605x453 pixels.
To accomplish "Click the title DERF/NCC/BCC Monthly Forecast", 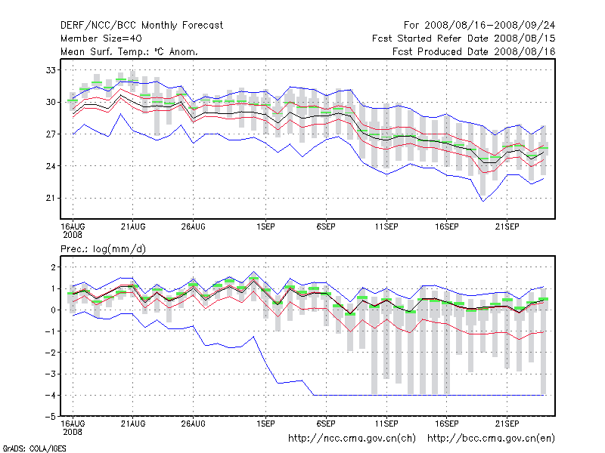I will (141, 26).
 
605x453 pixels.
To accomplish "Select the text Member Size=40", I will (101, 39).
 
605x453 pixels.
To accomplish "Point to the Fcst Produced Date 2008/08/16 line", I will (474, 51).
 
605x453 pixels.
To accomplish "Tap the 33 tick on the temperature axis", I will (51, 70).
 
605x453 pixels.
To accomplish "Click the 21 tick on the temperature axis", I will (51, 198).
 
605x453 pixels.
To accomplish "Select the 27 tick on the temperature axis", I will (51, 134).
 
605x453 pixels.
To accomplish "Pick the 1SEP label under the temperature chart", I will (265, 226).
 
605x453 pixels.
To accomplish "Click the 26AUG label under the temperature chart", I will (194, 226).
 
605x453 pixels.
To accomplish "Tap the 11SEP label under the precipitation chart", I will (386, 424).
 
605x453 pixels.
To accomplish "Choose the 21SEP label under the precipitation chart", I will (507, 424).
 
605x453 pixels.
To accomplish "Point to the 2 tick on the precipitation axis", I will (52, 267).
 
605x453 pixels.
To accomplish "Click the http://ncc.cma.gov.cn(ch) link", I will (352, 438).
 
